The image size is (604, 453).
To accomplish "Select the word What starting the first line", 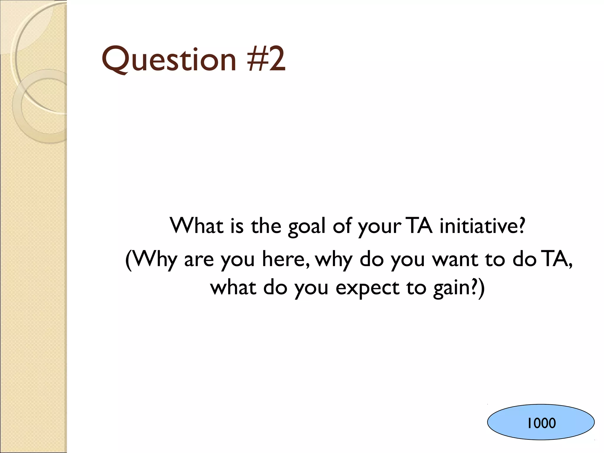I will [x=197, y=226].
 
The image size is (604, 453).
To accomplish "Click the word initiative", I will [x=478, y=226].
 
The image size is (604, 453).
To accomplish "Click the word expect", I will [x=367, y=288].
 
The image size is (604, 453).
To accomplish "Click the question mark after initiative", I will [x=521, y=226].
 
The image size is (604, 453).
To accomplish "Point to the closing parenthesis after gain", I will [x=481, y=288].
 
